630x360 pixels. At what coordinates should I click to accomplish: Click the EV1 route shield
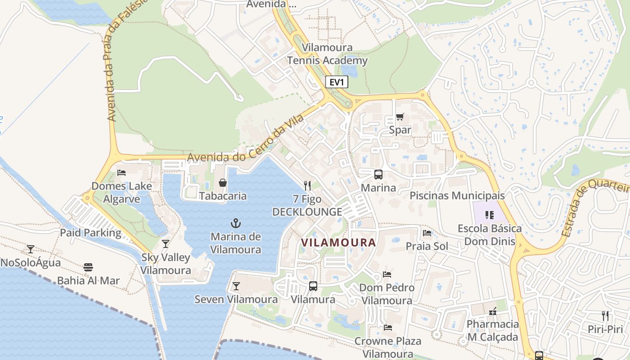(x=337, y=82)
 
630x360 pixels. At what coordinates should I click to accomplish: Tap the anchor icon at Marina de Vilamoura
(x=235, y=223)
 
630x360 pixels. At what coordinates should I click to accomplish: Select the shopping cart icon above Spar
(x=400, y=117)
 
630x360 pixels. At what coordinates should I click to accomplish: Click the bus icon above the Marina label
(x=378, y=175)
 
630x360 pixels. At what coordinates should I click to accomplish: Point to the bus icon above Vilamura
(x=313, y=286)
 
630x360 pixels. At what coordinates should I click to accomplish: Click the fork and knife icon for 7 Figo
(x=307, y=185)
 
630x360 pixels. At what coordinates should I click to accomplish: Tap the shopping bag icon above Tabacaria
(x=223, y=182)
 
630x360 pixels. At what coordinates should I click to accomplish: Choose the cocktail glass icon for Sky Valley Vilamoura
(x=166, y=244)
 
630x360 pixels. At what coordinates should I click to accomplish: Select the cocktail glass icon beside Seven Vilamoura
(x=236, y=286)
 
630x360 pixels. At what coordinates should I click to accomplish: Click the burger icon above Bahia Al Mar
(x=88, y=267)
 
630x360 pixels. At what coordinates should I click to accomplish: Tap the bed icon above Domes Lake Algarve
(x=121, y=172)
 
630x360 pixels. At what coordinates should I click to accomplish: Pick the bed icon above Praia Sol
(x=427, y=233)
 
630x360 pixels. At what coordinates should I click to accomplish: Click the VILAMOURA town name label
(x=338, y=243)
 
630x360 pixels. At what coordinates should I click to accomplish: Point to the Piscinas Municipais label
(x=457, y=196)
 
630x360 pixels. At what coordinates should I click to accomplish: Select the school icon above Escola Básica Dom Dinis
(x=490, y=215)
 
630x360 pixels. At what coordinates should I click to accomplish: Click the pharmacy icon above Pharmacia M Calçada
(x=492, y=311)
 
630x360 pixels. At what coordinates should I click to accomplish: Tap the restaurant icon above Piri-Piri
(x=605, y=315)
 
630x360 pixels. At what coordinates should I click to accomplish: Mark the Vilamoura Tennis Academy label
(x=327, y=54)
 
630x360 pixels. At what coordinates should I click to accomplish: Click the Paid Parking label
(x=91, y=233)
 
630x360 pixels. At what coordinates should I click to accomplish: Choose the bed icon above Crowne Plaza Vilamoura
(x=388, y=328)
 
